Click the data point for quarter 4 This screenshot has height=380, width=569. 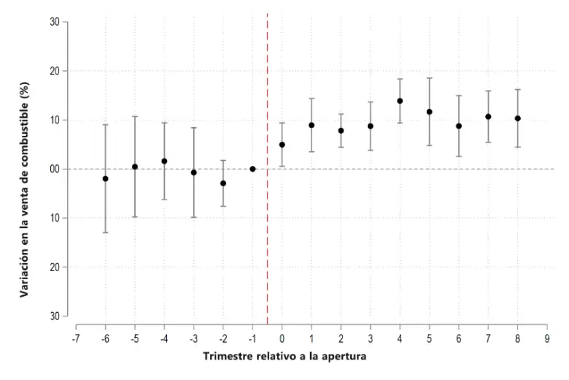[x=400, y=101]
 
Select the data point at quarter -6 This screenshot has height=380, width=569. [x=105, y=178]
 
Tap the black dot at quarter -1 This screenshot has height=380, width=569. [x=252, y=169]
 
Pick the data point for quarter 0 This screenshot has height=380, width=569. [x=282, y=145]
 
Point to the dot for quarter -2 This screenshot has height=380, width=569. [x=223, y=183]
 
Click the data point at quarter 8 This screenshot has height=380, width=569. [x=518, y=118]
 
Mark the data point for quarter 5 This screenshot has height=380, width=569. [x=429, y=112]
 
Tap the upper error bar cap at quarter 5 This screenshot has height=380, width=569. [x=429, y=77]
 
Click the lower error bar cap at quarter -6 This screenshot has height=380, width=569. [x=105, y=232]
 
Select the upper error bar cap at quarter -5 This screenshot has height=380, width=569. [x=135, y=116]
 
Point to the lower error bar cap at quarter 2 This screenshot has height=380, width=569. [x=341, y=148]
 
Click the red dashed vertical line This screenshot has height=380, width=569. [x=268, y=168]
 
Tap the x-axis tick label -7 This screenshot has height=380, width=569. [x=75, y=339]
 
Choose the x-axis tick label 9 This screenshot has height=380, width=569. [x=547, y=339]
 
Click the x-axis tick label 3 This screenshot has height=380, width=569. [x=370, y=339]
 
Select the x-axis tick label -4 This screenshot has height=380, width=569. [x=164, y=339]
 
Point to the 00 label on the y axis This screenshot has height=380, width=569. [x=55, y=169]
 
